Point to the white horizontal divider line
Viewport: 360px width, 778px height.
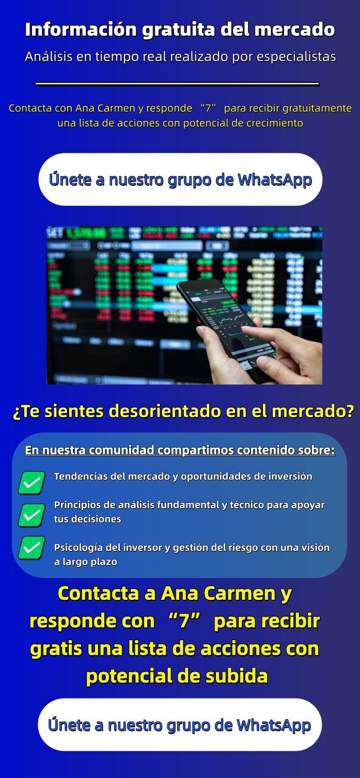[x=177, y=84]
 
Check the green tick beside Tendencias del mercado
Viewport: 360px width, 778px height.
[x=32, y=483]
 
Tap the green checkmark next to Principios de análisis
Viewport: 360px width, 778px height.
[x=32, y=515]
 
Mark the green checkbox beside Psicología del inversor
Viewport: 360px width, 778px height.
[x=32, y=548]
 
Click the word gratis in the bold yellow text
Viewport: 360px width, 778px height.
[x=55, y=648]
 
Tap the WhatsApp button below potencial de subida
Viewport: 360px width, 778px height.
[x=180, y=724]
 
